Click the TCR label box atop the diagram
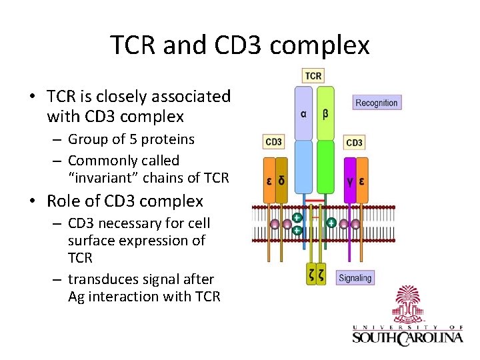click(313, 76)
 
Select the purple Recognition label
click(376, 103)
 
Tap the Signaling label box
click(355, 278)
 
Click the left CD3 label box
click(273, 142)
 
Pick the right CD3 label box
click(354, 143)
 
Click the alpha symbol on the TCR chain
click(303, 113)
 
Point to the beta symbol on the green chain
click(325, 113)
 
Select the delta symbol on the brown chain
click(281, 180)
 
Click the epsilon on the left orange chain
click(269, 180)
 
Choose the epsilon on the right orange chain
click(362, 180)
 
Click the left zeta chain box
click(311, 274)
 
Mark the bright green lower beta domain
click(325, 167)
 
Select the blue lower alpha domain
click(303, 167)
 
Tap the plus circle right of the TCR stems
click(331, 223)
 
